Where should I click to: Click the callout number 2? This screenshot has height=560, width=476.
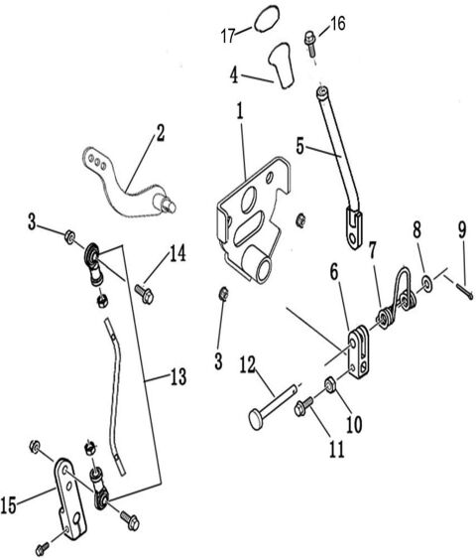160,131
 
